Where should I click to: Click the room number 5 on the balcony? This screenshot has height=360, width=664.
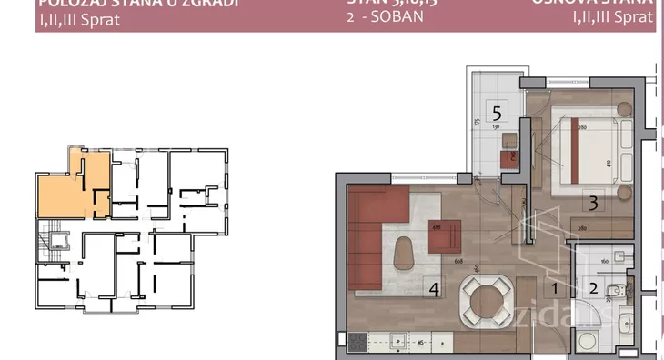coord(498,114)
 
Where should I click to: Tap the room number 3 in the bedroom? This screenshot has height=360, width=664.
coord(592,204)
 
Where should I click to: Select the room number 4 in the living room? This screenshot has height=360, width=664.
coord(435,289)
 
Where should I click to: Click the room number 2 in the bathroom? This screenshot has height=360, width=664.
coord(592,289)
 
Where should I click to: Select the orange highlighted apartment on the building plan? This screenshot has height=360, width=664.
coord(73,186)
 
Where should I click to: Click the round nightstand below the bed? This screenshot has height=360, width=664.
coord(624,194)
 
